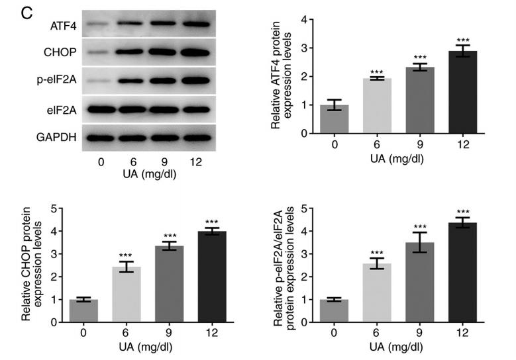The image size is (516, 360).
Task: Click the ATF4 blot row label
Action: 62,26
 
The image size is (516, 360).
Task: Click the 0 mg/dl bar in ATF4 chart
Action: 335,119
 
